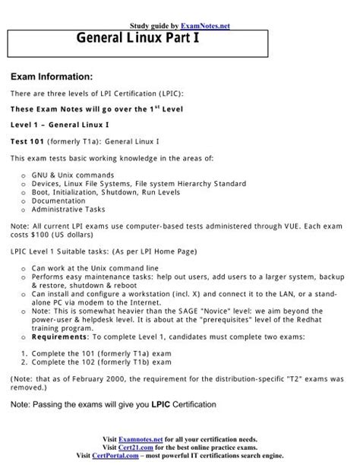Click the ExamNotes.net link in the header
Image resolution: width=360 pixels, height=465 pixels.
(x=207, y=26)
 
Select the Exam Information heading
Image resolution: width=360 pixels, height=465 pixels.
(x=50, y=77)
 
